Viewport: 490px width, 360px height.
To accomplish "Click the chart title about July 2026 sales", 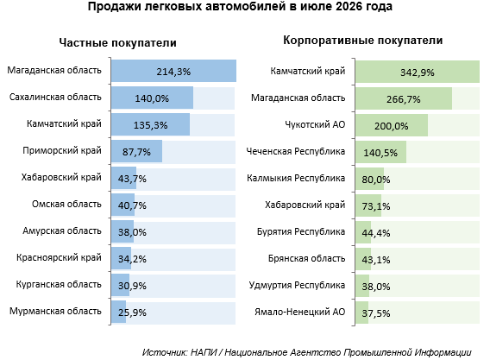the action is click(x=240, y=6).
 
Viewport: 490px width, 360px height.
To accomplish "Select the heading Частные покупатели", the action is click(x=118, y=43).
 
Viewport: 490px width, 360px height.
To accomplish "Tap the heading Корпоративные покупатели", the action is click(x=363, y=41).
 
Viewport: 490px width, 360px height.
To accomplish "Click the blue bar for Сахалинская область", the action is click(x=152, y=98).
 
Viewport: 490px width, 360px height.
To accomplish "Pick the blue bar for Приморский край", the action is click(x=137, y=151).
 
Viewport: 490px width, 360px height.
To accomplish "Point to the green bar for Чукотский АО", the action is click(x=392, y=125).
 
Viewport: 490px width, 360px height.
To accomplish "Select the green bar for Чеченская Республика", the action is click(x=381, y=152).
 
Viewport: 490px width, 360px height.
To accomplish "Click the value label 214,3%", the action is click(x=173, y=72).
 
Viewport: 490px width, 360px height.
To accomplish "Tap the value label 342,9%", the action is click(x=418, y=73).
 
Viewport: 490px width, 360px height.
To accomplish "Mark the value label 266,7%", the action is click(x=404, y=99).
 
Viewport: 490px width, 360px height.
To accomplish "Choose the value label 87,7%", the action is click(x=136, y=152).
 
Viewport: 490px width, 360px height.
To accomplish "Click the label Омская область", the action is click(x=66, y=205).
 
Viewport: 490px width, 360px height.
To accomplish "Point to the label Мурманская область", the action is click(x=55, y=311).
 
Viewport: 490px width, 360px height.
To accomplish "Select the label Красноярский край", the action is click(x=59, y=258).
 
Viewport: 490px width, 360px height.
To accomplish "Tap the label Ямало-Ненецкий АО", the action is click(x=300, y=312).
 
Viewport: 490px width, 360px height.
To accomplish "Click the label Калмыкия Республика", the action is click(x=296, y=179).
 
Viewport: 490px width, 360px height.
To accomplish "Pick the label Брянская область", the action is click(x=306, y=259).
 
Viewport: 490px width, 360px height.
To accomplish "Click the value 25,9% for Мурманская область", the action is click(x=132, y=313).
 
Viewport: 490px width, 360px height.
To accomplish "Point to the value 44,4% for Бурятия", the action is click(x=376, y=233).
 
